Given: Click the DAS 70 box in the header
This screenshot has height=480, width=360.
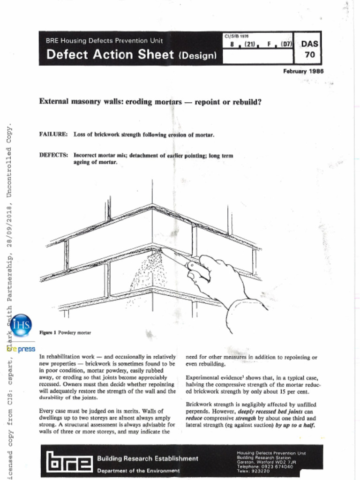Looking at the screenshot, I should (309, 48).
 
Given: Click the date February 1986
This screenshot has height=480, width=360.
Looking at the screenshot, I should (303, 71).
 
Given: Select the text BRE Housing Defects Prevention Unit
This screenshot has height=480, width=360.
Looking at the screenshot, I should (104, 40).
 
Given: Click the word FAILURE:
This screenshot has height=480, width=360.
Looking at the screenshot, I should (53, 135).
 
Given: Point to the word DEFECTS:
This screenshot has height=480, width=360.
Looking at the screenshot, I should (53, 155).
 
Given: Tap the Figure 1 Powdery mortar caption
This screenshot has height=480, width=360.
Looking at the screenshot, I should (65, 332).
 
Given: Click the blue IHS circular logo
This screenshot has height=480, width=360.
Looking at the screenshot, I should (21, 325).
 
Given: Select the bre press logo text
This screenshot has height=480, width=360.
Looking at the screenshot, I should (22, 349).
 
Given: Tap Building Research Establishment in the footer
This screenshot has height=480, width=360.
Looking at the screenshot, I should (148, 458).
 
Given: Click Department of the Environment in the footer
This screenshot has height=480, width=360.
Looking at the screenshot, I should (138, 470).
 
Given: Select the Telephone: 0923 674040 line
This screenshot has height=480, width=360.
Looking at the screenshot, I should (265, 466).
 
